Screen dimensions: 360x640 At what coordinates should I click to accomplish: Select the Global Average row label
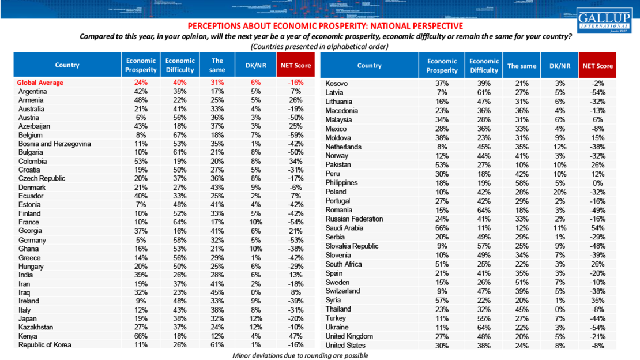(40, 82)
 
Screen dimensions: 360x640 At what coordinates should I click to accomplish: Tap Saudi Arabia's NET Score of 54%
(597, 228)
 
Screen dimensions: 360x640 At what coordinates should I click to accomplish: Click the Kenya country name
(29, 336)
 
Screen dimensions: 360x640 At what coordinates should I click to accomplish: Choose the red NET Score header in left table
(295, 65)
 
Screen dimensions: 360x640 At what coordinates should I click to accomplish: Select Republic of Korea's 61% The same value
(217, 345)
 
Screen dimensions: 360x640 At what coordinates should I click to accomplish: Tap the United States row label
(345, 346)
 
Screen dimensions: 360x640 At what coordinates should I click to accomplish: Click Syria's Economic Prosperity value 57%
(442, 300)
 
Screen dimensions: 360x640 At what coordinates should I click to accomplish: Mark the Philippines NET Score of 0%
(597, 183)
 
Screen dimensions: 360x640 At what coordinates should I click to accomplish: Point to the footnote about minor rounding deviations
(300, 355)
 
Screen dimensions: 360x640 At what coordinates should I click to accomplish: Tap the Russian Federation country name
(354, 219)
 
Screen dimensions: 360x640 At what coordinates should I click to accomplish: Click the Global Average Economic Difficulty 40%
(180, 82)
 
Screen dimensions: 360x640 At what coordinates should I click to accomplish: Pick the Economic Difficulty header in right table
(484, 66)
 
